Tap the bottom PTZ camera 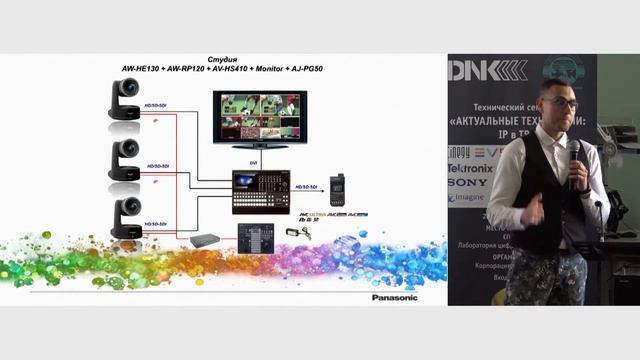pyautogui.click(x=125, y=216)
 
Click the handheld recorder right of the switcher pyautogui.click(x=339, y=188)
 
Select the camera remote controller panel pyautogui.click(x=255, y=235)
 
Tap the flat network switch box pyautogui.click(x=205, y=240)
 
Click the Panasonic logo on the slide pyautogui.click(x=396, y=297)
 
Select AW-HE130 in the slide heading pyautogui.click(x=144, y=70)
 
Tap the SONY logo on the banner pyautogui.click(x=467, y=183)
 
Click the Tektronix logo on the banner pyautogui.click(x=470, y=168)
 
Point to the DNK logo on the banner pyautogui.click(x=487, y=69)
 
